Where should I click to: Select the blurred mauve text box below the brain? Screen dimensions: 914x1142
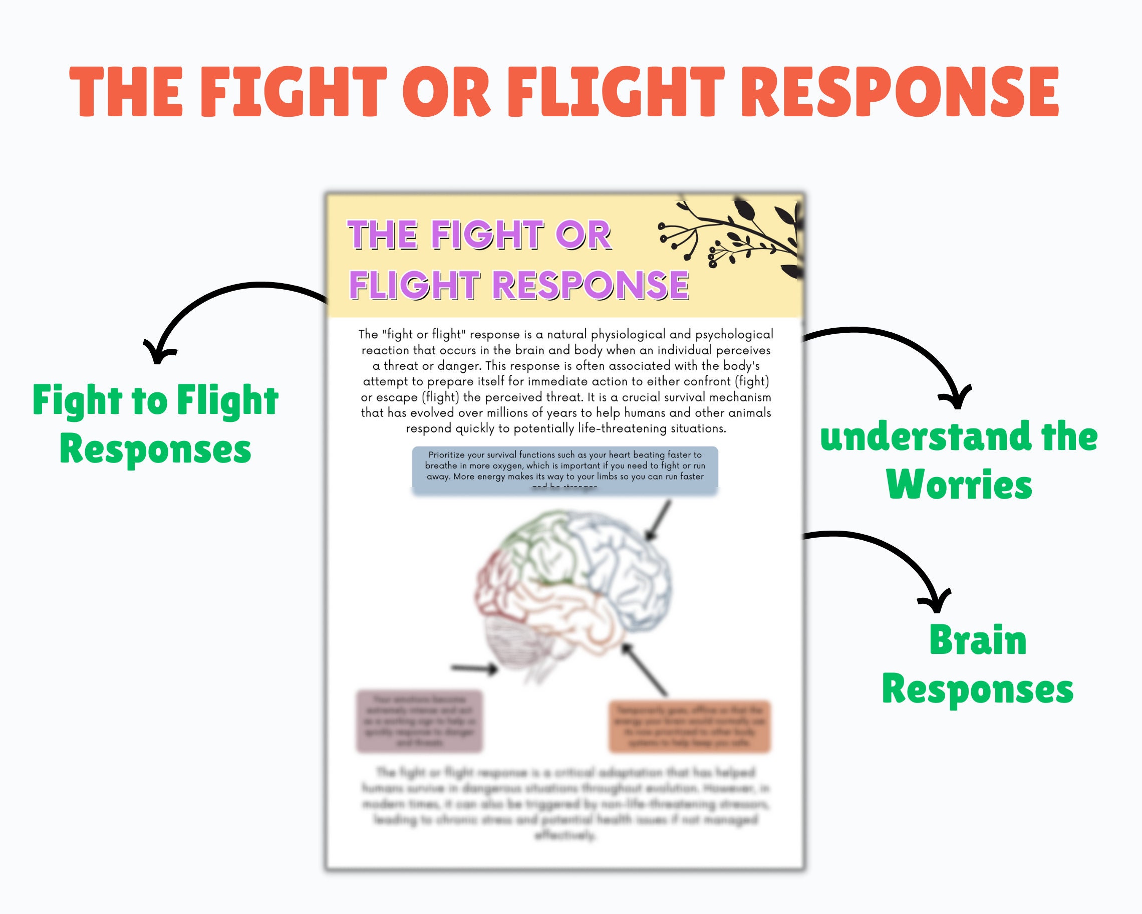coord(420,721)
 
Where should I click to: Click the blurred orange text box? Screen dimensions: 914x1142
coord(689,726)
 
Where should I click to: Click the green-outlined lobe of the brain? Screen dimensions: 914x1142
coord(540,546)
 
